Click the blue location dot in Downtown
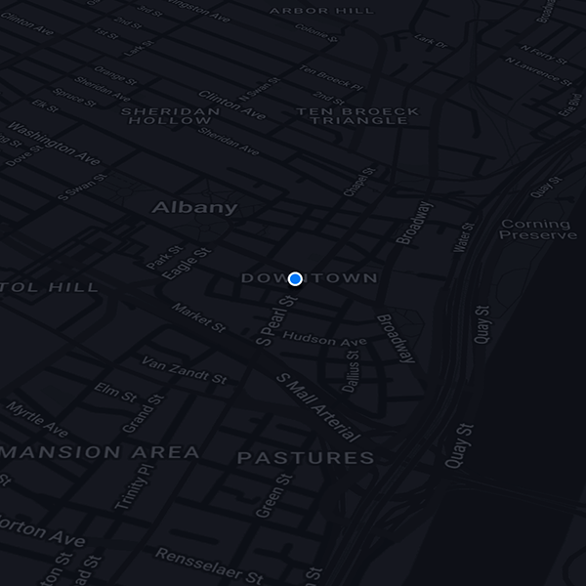point(296,279)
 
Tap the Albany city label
point(194,207)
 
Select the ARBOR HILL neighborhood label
point(335,11)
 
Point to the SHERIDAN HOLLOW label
point(171,115)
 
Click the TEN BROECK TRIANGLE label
point(357,115)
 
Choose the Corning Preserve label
point(538,230)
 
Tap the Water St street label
point(464,237)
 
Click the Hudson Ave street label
point(324,339)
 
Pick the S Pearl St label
point(276,319)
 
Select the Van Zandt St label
point(184,368)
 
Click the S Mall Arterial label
point(318,406)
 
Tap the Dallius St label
point(352,371)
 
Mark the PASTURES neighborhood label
point(306,457)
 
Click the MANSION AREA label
point(101,452)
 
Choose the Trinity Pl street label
point(135,486)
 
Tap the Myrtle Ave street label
point(37,418)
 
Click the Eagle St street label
point(187,264)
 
